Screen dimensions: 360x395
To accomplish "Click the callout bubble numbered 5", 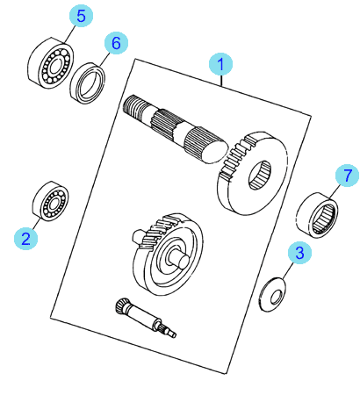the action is point(81,16).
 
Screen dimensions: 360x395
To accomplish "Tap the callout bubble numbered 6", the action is point(116,43).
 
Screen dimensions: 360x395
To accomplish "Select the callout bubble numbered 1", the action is point(220,64).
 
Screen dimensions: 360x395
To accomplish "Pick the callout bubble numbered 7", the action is point(347,176).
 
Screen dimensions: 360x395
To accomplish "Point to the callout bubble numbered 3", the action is point(299,253).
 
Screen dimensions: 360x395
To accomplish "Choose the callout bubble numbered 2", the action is point(25,239).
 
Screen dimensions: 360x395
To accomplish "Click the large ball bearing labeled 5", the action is point(50,63).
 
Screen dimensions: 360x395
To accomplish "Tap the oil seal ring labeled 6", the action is point(88,83).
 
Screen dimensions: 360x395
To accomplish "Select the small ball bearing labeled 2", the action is point(50,201).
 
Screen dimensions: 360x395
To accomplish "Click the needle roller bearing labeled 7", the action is point(317,215).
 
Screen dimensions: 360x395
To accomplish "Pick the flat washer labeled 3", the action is point(272,295).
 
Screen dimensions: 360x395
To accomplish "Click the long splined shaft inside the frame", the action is point(175,130).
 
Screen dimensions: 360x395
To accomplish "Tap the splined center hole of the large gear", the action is point(260,176).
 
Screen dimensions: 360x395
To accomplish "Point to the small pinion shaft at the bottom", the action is point(146,318).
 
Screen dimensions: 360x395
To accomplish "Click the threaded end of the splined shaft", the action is point(133,107).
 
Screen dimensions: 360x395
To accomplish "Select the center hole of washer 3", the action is point(276,298).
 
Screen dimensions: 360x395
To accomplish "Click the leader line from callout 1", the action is point(221,81).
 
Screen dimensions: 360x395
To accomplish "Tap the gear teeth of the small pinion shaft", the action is point(121,306).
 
